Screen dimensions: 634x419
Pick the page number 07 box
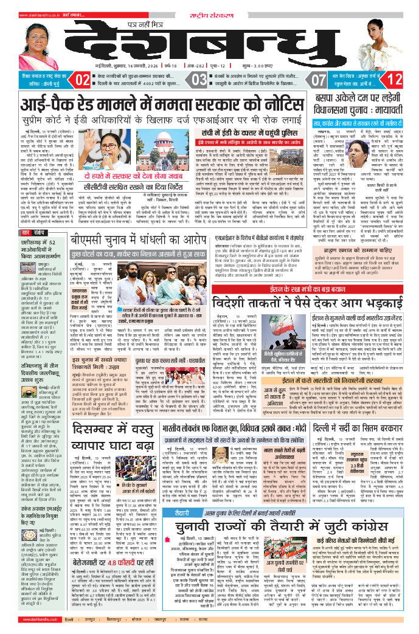pyautogui.click(x=318, y=79)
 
